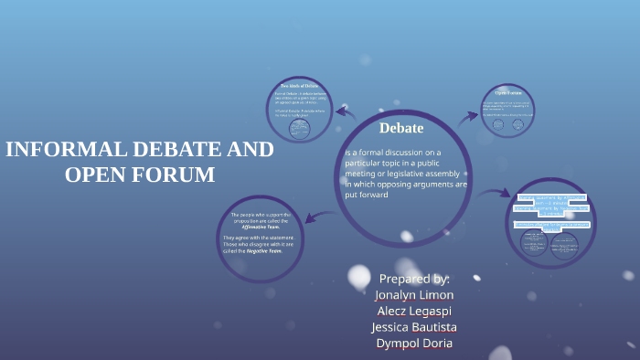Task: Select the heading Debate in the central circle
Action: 401,127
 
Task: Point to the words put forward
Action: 367,195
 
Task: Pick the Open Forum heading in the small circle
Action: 507,93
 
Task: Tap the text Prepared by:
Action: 414,278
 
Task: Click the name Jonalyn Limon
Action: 414,294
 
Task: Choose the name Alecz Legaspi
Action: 414,311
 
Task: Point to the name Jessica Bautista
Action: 414,327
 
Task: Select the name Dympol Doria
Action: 414,344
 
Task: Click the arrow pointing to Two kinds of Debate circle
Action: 345,112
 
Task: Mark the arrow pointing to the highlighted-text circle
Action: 496,193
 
